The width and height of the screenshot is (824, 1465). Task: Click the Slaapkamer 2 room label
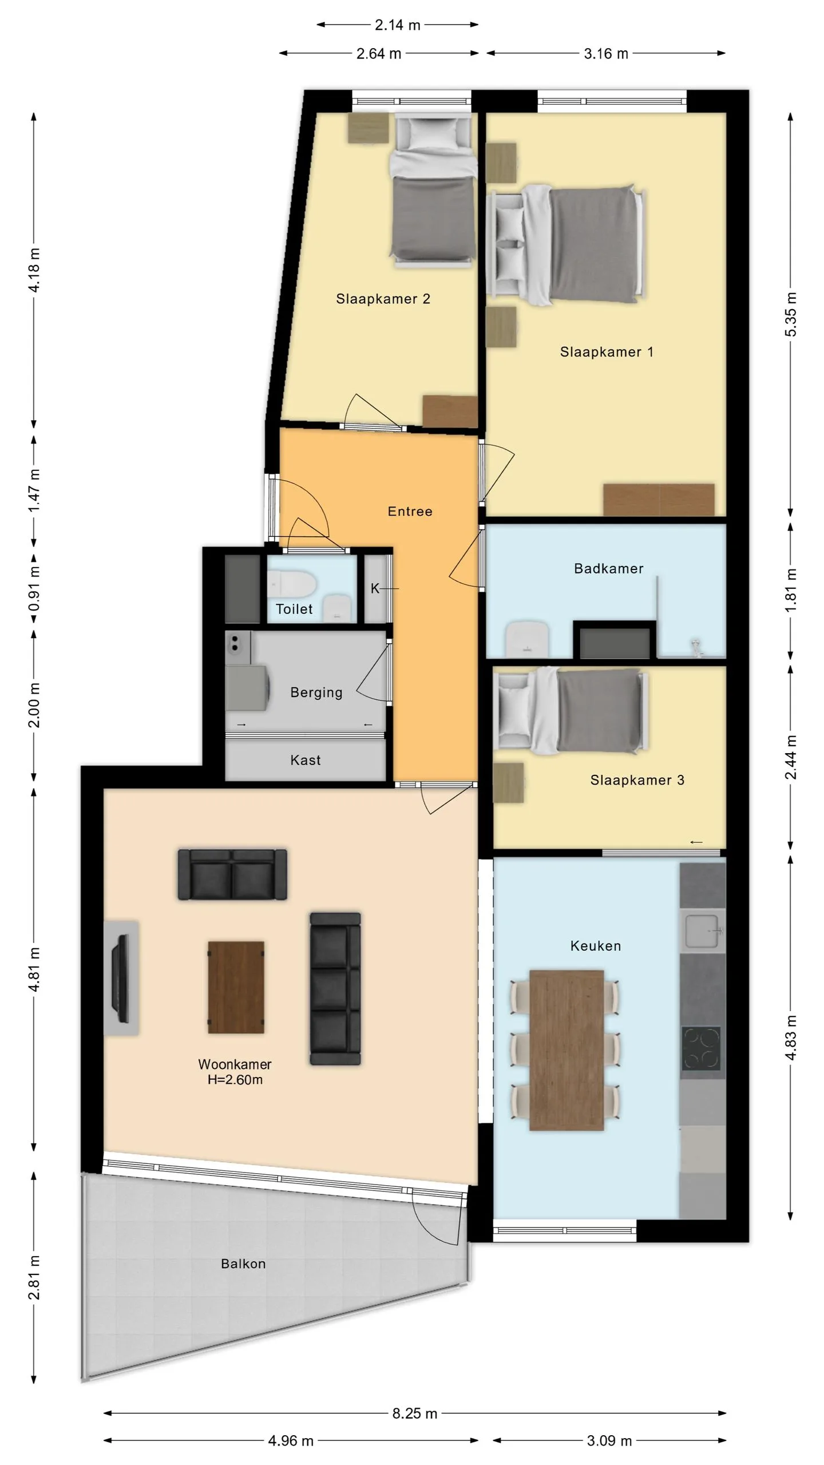(383, 299)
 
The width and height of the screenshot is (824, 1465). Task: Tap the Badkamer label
(609, 568)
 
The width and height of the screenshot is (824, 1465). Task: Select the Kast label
(306, 760)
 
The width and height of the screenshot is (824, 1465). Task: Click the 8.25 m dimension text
(414, 1413)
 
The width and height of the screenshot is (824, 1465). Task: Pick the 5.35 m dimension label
(790, 314)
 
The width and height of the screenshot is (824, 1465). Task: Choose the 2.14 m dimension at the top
(398, 25)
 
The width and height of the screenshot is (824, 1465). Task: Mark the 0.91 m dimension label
(34, 589)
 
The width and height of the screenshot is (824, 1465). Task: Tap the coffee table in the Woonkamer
(236, 987)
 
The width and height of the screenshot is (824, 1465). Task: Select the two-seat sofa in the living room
(232, 874)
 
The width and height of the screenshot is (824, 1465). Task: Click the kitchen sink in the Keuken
(702, 931)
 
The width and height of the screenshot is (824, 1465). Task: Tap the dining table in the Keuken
(566, 1050)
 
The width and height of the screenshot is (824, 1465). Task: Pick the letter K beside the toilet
(375, 588)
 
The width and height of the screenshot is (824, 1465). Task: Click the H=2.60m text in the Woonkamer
(235, 1080)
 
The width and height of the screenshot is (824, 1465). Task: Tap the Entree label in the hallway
(410, 511)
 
